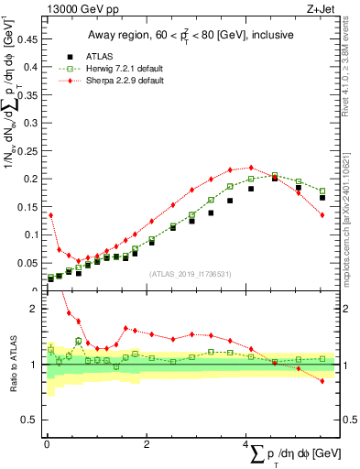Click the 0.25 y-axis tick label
click(29, 148)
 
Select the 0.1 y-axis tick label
click(32, 234)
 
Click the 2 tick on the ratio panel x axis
click(147, 443)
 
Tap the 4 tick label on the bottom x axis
click(246, 443)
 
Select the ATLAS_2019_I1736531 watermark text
click(190, 274)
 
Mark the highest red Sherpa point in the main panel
click(251, 168)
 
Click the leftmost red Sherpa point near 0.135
click(50, 214)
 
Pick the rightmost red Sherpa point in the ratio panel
click(322, 381)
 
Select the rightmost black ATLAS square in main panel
click(322, 197)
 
